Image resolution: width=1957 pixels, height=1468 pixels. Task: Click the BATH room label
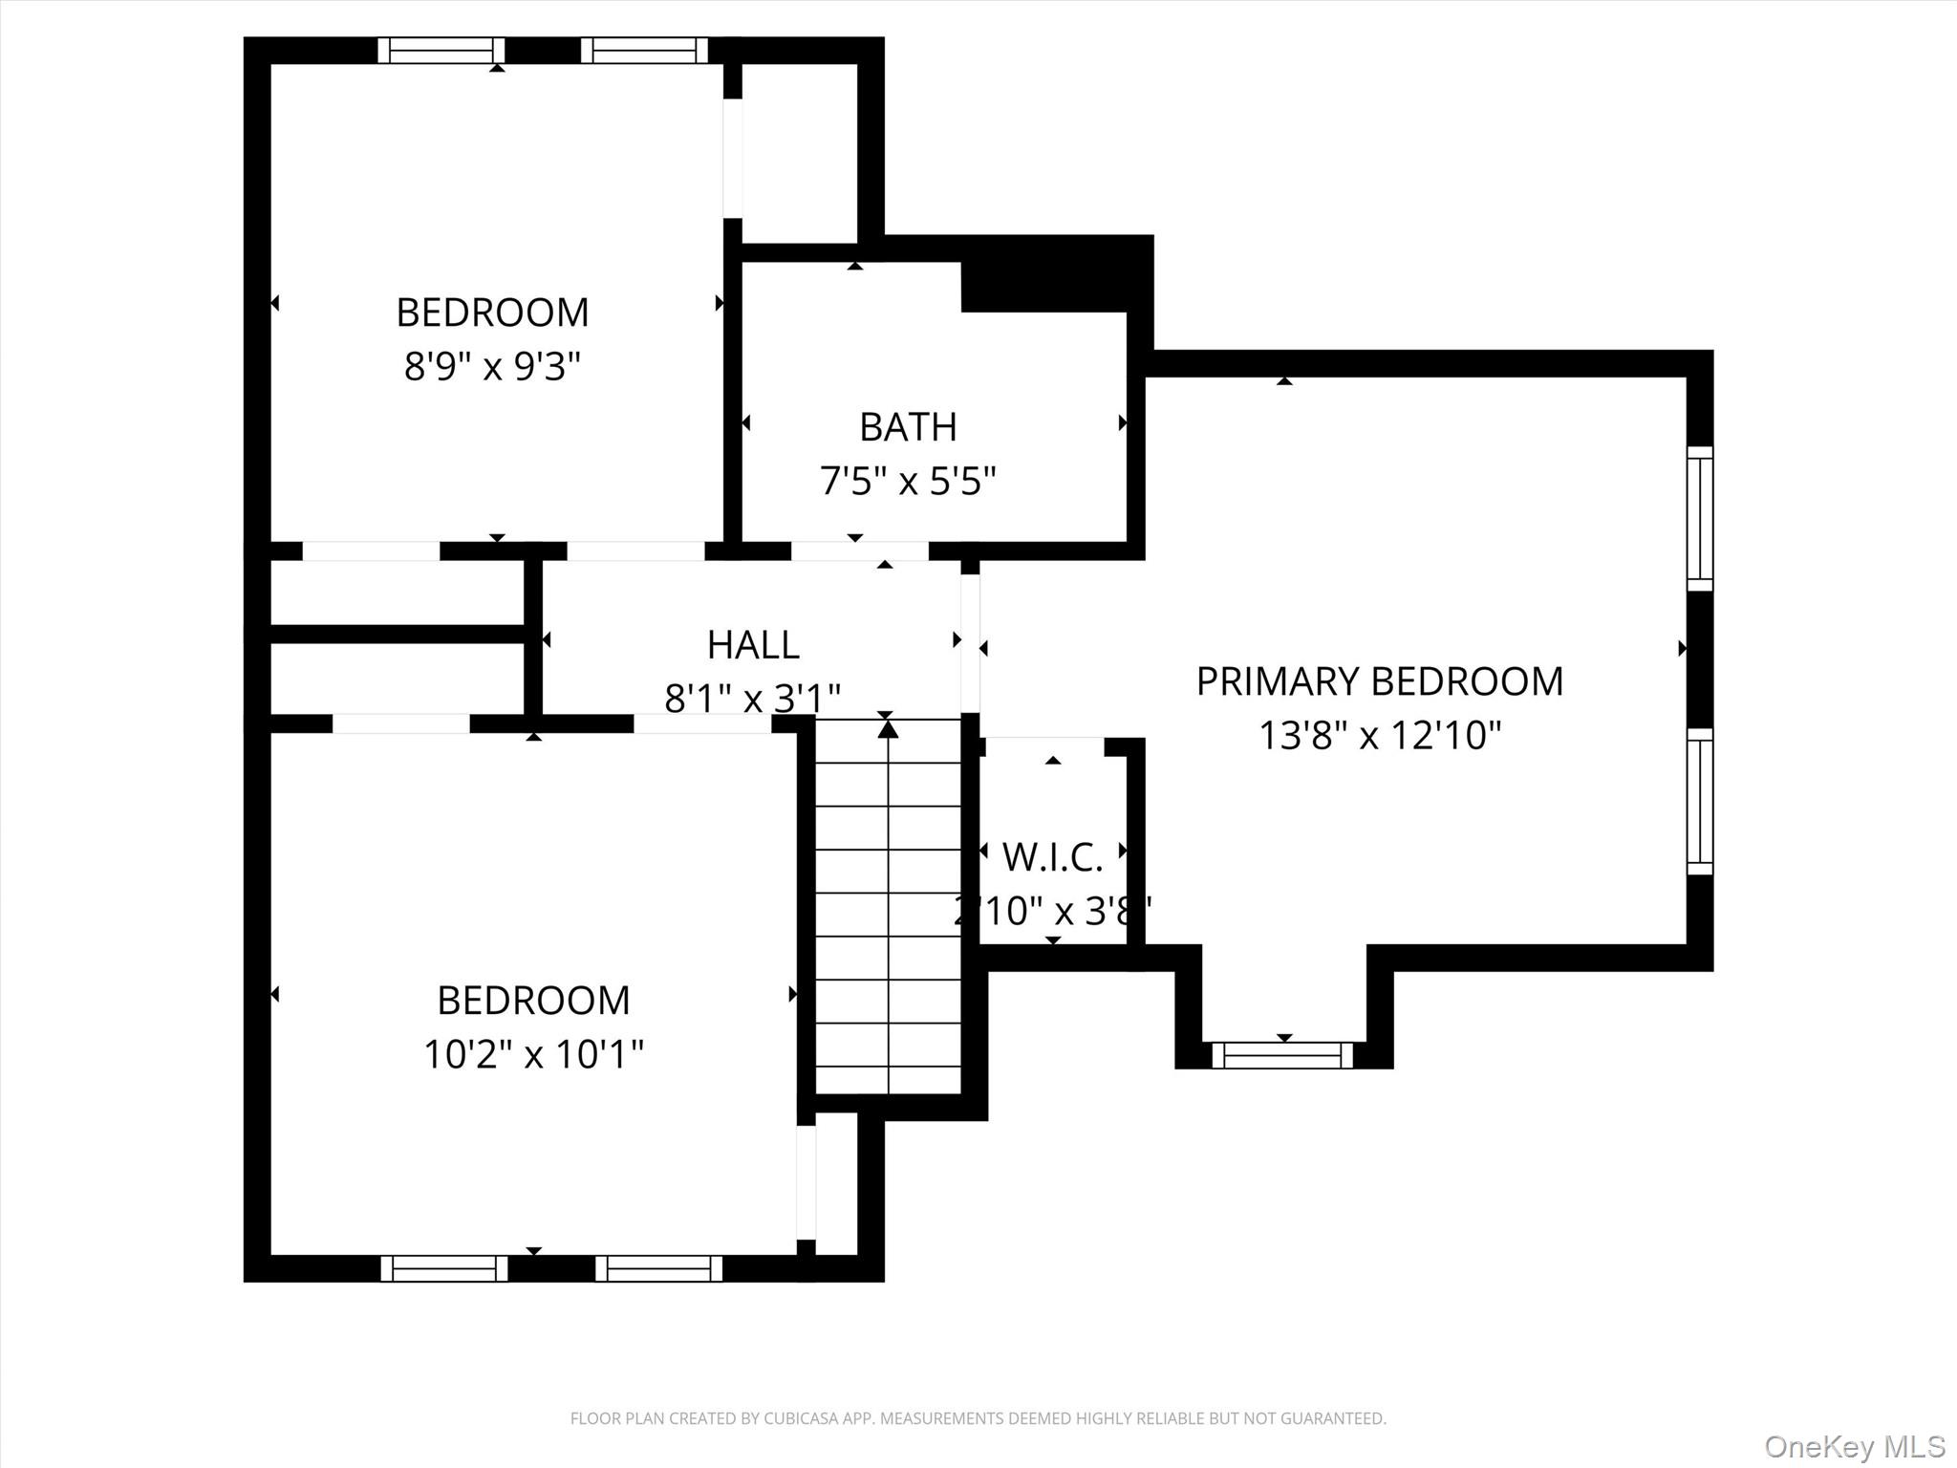tap(908, 427)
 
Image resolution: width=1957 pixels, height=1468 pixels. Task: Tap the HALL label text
tap(753, 645)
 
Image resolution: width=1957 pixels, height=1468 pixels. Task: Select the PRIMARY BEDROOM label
tap(1380, 681)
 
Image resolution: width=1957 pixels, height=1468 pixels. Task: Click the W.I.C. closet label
tap(1053, 857)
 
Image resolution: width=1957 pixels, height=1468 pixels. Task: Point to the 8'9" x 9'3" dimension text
tap(492, 366)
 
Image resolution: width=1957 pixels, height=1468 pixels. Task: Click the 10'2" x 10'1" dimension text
tap(533, 1054)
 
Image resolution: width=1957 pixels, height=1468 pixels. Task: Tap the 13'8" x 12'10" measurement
tap(1380, 736)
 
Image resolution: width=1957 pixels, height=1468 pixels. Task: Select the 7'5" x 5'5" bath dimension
tap(908, 481)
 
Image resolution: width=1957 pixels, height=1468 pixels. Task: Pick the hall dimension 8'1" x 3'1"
tap(753, 699)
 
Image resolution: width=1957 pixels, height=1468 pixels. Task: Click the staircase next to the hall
tap(888, 908)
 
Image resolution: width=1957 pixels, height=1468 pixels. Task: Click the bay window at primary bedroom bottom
tap(1283, 1055)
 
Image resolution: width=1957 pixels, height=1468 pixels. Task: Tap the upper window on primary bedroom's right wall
tap(1700, 518)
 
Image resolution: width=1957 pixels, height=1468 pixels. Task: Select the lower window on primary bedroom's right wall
tap(1700, 801)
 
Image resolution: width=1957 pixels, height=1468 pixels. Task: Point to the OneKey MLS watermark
tap(1855, 1446)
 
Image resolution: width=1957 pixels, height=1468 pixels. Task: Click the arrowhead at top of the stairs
tap(889, 728)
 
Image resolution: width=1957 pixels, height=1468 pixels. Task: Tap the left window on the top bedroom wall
tap(441, 51)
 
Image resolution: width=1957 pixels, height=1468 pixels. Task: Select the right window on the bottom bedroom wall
tap(659, 1268)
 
